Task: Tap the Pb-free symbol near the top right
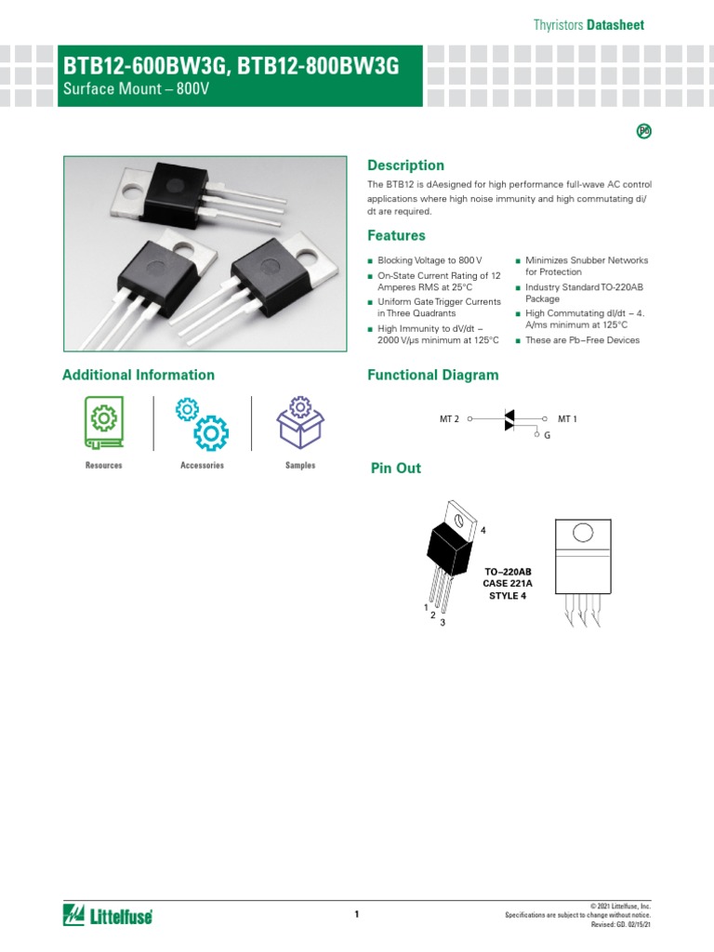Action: click(643, 131)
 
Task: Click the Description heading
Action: click(405, 165)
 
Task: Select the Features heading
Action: click(396, 236)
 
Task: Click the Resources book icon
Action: click(103, 421)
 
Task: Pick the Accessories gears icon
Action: click(202, 423)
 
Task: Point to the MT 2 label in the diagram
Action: click(449, 419)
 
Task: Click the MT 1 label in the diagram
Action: click(567, 419)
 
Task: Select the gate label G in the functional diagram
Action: click(548, 435)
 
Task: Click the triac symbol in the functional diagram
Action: click(509, 419)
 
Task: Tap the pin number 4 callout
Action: click(483, 530)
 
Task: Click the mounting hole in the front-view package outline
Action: click(582, 533)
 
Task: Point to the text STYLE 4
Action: click(508, 596)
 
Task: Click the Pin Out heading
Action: click(395, 469)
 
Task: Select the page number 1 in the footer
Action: click(356, 915)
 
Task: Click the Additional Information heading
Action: click(138, 376)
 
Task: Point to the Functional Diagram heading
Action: click(432, 376)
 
